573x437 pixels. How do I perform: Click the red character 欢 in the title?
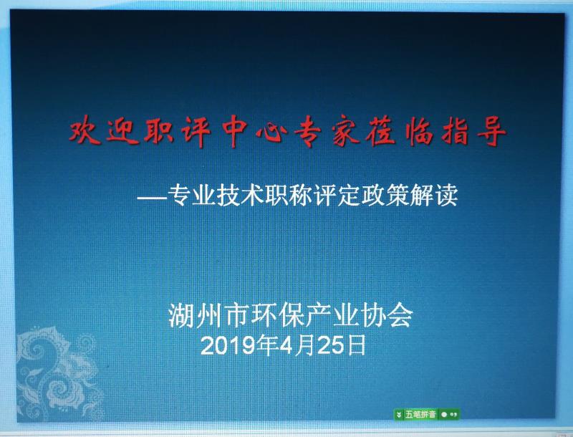85,130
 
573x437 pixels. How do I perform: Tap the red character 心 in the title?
271,131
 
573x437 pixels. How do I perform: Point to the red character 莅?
382,131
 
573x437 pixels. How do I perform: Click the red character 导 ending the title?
491,131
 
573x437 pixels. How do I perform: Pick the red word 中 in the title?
235,131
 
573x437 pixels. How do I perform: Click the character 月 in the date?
304,345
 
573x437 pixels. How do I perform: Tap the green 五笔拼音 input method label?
420,414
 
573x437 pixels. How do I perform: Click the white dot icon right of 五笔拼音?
444,414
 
